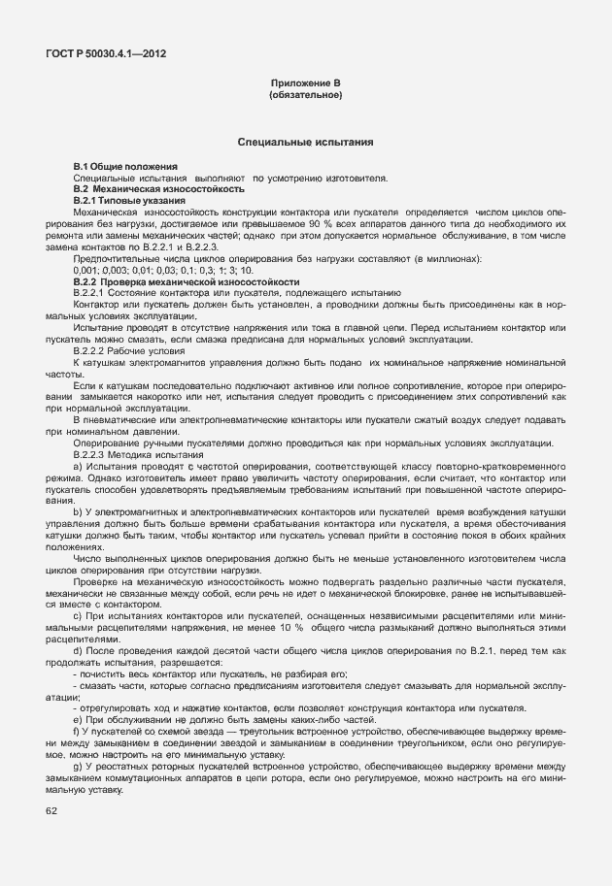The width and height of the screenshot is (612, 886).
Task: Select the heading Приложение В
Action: [305, 85]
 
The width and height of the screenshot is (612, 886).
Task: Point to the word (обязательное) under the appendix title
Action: [305, 96]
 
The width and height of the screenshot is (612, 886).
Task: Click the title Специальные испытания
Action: [305, 143]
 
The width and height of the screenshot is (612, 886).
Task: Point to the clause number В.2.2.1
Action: [91, 291]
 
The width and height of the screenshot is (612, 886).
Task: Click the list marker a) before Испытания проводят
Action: [78, 466]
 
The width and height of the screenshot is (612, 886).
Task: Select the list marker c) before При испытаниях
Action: [78, 614]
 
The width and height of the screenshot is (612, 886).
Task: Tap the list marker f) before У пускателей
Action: [77, 729]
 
